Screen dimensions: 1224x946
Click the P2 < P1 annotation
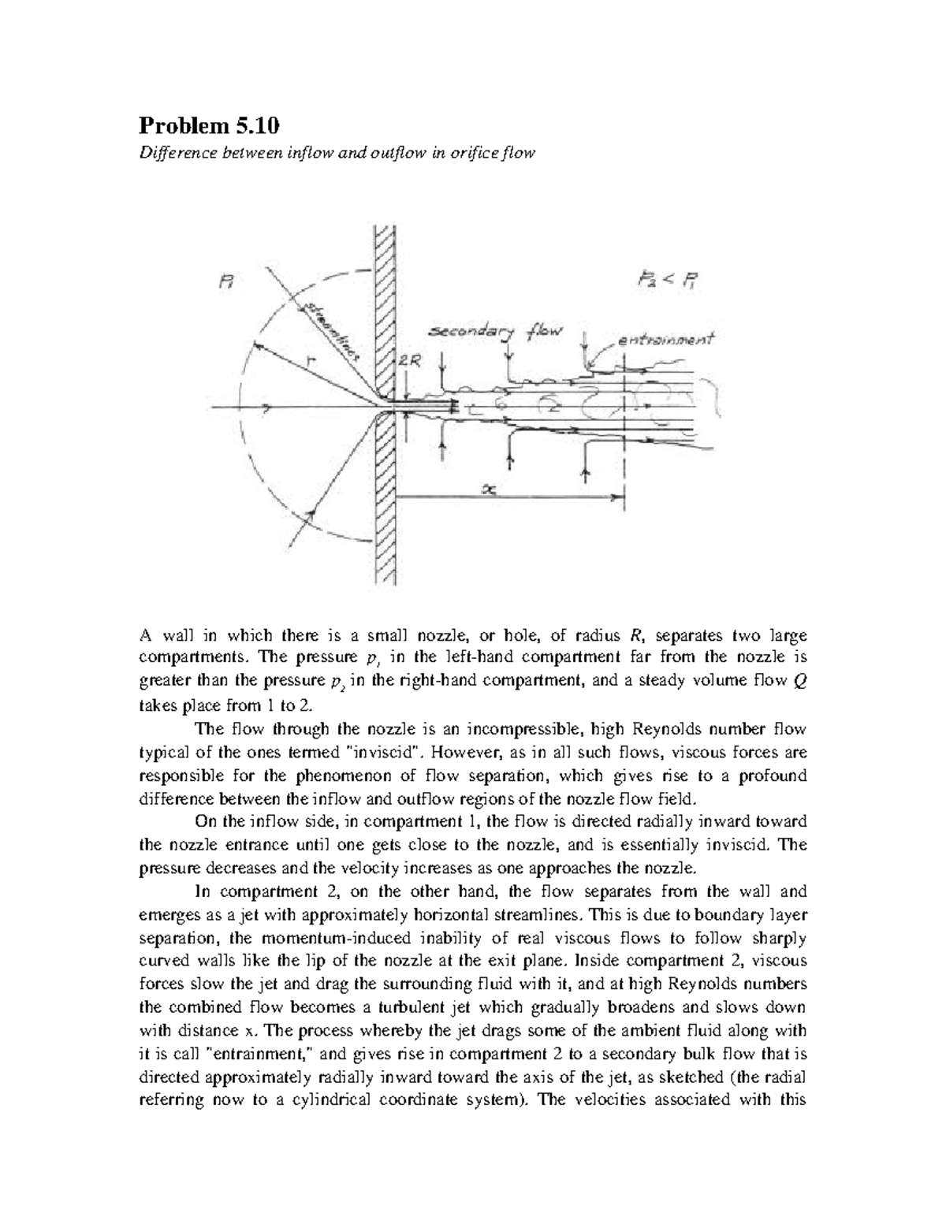(669, 281)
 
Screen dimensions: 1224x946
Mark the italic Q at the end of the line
(799, 683)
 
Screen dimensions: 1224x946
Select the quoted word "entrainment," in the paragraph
(276, 1054)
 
